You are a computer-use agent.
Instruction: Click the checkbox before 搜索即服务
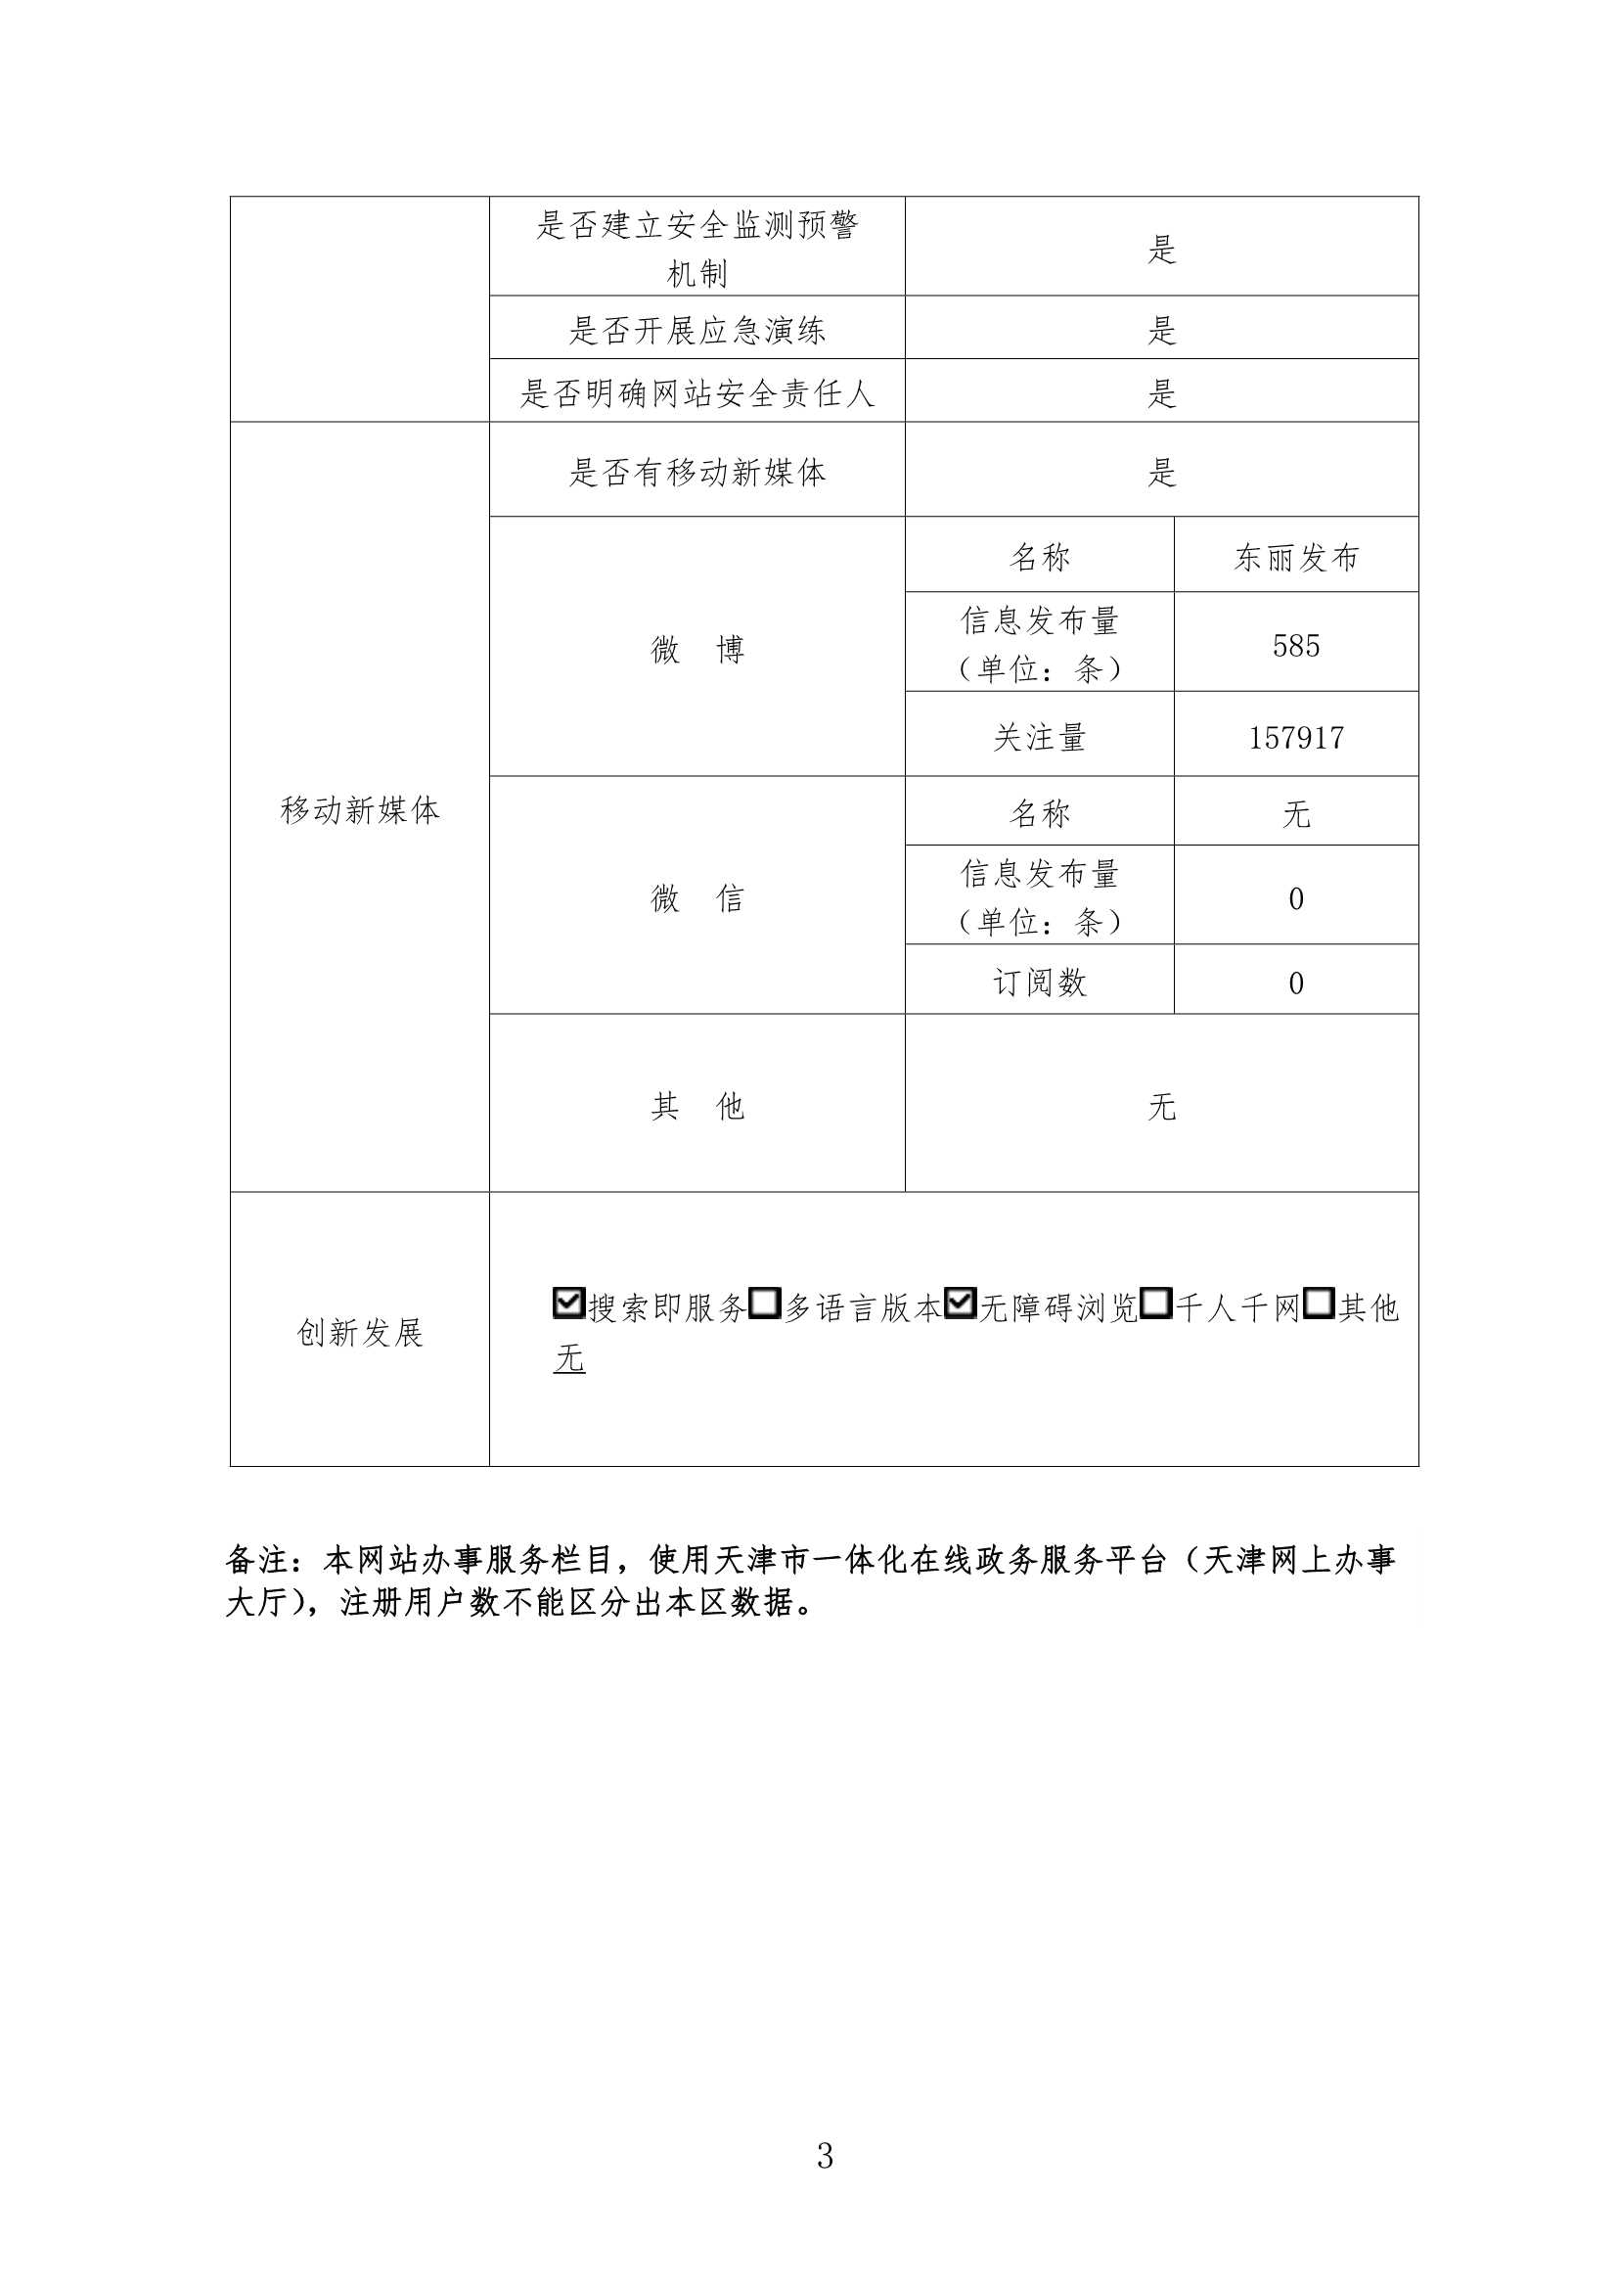tap(568, 1303)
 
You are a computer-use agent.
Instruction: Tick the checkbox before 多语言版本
tap(764, 1303)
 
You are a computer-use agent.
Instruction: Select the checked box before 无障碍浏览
tap(960, 1303)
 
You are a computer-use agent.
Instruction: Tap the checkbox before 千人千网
tap(1155, 1303)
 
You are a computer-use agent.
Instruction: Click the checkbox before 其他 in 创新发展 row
tap(1318, 1303)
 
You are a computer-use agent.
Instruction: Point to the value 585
tap(1295, 646)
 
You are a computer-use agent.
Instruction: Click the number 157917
tap(1295, 738)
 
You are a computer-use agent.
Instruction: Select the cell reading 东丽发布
tap(1295, 557)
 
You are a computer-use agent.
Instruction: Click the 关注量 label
tap(1039, 738)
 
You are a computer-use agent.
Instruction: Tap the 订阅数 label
tap(1039, 983)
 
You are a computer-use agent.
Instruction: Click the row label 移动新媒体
tap(360, 810)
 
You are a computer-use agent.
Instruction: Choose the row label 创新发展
tap(360, 1332)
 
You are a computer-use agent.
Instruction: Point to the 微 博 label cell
tap(696, 650)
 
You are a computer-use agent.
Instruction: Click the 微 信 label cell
tap(696, 897)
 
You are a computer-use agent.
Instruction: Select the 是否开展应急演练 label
tap(696, 330)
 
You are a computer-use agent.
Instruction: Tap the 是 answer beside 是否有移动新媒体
tap(1161, 473)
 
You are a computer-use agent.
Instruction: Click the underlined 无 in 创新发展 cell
tap(569, 1358)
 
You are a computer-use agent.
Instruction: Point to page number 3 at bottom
tap(824, 2156)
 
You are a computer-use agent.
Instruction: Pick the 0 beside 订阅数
tap(1295, 983)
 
